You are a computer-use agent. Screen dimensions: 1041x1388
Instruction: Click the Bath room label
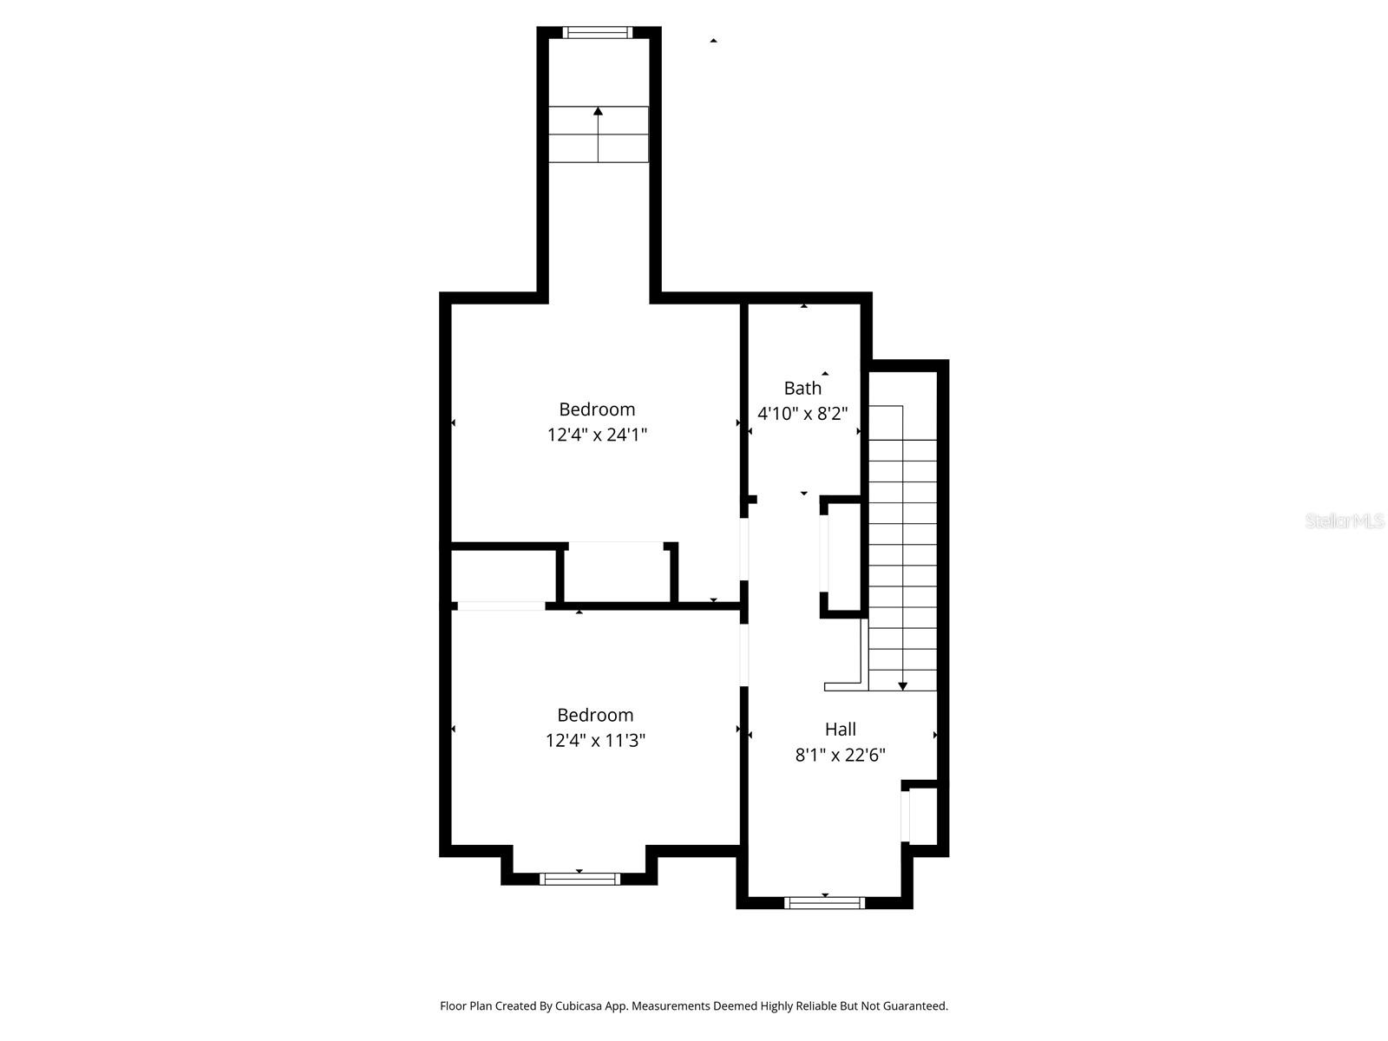coord(802,388)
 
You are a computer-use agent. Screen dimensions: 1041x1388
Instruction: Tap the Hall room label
coord(840,729)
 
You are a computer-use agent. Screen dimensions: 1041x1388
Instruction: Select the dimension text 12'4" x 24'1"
coord(597,435)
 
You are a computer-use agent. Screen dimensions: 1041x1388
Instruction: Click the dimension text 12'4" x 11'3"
coord(595,741)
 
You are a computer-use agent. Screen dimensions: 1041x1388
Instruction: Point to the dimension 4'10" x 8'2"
coord(802,414)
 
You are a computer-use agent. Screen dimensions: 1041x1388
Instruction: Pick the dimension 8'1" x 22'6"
coord(840,755)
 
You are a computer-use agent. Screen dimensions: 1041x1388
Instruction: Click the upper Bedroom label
coord(597,409)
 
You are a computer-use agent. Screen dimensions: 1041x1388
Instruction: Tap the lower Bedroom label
coord(595,715)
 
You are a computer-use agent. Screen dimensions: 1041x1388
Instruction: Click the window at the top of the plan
coord(596,33)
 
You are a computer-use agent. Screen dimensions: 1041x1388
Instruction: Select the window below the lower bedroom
coord(579,879)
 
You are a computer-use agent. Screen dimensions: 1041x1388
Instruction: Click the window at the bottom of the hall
coord(824,903)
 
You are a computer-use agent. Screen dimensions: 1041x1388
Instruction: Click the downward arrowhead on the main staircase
coord(902,685)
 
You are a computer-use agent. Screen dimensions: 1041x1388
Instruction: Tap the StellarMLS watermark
coord(1344,521)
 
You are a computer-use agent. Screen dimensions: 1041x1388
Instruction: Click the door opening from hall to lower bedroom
coord(743,655)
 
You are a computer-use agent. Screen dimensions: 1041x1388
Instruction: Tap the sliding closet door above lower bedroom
coord(501,606)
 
